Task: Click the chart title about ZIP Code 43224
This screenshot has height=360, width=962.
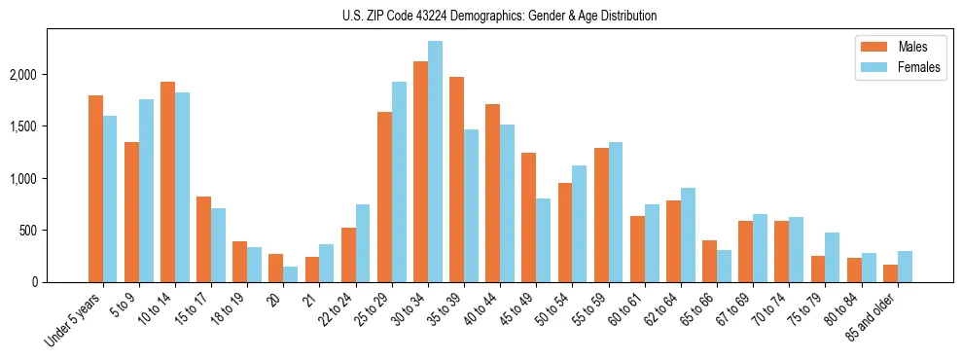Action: (x=499, y=16)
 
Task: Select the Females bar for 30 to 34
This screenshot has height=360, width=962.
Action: (x=435, y=162)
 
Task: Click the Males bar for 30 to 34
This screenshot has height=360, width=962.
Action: (x=420, y=171)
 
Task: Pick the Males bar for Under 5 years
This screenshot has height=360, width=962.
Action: (x=95, y=189)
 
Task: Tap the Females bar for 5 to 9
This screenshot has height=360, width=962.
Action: (x=146, y=191)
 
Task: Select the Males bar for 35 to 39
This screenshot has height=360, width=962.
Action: (x=456, y=179)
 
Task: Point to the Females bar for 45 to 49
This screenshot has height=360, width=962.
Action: (x=543, y=240)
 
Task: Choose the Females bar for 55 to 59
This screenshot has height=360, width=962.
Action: (x=615, y=212)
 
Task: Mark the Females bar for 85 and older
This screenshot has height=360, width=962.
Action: (x=905, y=267)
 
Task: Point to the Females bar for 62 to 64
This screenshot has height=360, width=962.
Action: (x=687, y=234)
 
